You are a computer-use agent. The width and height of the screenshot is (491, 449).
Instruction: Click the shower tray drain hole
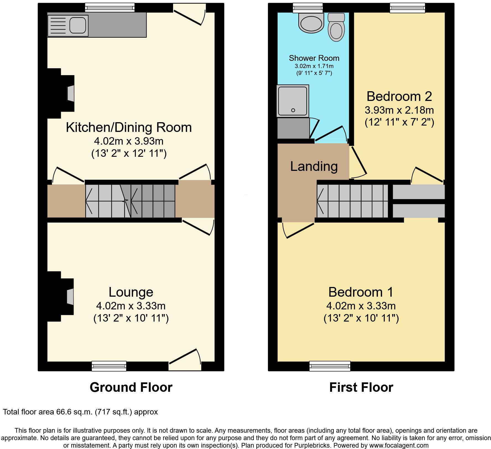[293, 110]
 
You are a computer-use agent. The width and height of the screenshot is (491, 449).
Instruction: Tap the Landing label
[314, 166]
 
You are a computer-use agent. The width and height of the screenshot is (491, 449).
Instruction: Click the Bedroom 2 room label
[399, 96]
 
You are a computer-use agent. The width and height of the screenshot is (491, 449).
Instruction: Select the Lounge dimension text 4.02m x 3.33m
[131, 306]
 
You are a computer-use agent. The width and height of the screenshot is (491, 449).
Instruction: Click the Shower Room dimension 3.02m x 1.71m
[314, 66]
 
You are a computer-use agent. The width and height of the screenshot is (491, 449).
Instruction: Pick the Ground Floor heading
[131, 387]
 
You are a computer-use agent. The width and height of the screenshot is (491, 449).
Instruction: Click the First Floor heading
[361, 387]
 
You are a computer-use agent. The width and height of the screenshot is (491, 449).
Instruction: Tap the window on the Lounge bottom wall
[109, 366]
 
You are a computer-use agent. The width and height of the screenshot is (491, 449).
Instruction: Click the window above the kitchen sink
[110, 7]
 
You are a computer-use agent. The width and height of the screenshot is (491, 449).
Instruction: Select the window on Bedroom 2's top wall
[407, 8]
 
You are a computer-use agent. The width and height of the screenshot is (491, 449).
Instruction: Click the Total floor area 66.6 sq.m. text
[80, 412]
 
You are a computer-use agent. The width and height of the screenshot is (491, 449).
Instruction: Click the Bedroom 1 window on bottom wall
[330, 366]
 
